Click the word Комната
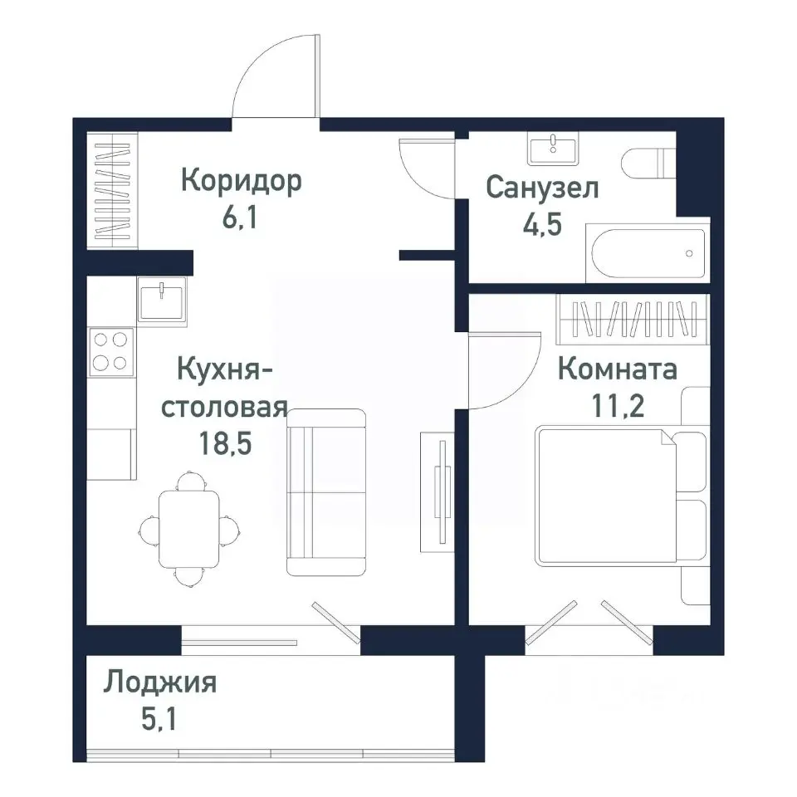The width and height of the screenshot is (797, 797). [x=617, y=369]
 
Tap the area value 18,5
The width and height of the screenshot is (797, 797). [x=223, y=443]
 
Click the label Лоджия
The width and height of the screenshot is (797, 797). [x=160, y=683]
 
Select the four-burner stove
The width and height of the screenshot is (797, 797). [x=111, y=351]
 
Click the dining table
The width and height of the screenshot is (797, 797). [x=190, y=527]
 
